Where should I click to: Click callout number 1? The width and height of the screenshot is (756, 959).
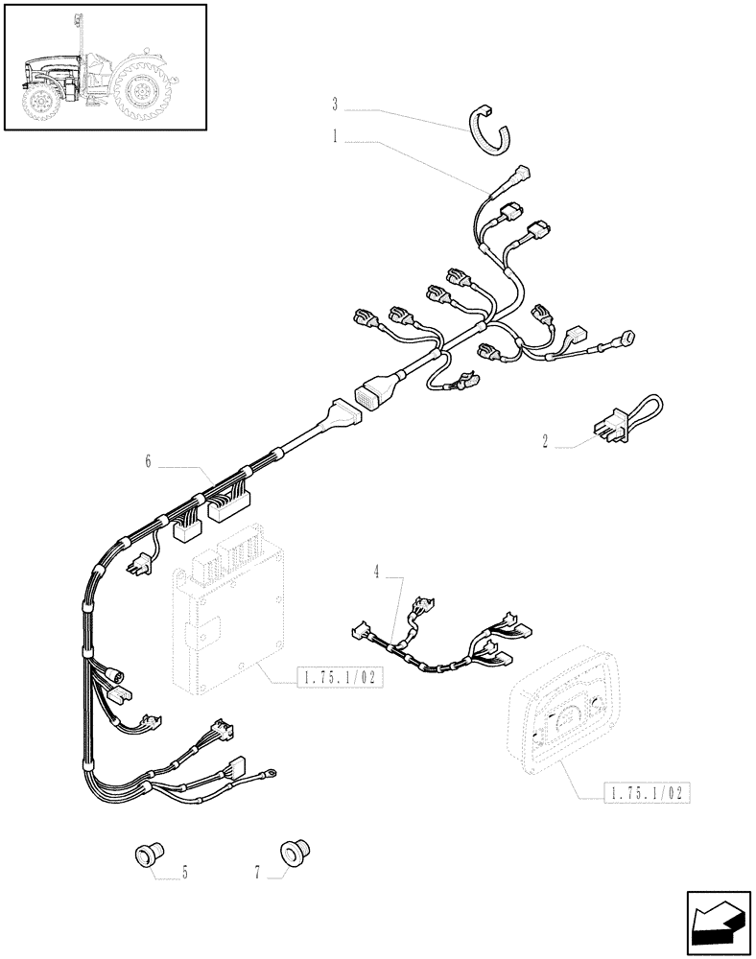(335, 137)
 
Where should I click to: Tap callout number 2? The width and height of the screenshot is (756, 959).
(545, 441)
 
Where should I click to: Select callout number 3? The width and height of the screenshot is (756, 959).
(335, 103)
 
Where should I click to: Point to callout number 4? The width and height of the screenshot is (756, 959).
(377, 572)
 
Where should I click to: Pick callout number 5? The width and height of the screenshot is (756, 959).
(184, 873)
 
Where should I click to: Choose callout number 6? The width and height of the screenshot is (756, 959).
(148, 461)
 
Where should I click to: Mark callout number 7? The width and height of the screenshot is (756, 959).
(257, 873)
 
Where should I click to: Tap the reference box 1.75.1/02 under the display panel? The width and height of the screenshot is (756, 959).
(647, 793)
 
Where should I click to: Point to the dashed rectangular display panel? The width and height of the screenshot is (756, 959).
(561, 720)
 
